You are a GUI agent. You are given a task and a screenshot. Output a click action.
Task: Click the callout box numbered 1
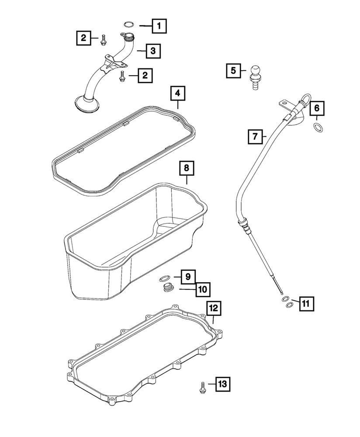point(159,27)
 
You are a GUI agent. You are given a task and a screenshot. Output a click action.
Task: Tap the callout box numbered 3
point(152,51)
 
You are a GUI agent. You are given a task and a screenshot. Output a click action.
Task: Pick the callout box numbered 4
point(177,93)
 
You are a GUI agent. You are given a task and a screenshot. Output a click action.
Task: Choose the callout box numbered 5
point(233,70)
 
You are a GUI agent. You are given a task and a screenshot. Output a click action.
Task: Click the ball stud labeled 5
point(255,75)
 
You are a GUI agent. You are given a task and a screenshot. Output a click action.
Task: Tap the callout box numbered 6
point(317,107)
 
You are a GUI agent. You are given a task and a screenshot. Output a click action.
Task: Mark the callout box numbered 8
point(186,167)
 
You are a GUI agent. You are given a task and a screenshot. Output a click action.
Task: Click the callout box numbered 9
point(187,276)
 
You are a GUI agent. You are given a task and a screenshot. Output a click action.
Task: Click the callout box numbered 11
point(306,302)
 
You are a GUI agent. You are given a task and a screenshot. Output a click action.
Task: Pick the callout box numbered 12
point(213,308)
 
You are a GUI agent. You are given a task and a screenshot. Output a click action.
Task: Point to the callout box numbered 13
point(222,384)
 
